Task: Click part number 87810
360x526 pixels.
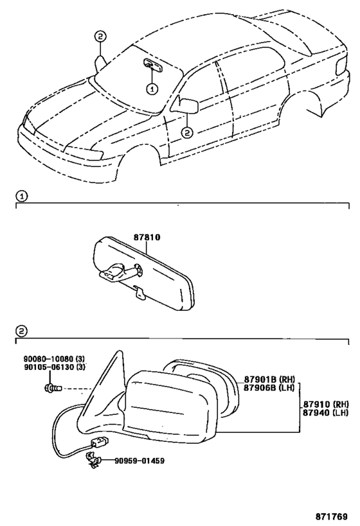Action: click(x=147, y=238)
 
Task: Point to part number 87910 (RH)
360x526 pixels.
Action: click(x=326, y=404)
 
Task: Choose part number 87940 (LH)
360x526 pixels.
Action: click(x=326, y=412)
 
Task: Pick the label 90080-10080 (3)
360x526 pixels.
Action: click(x=54, y=359)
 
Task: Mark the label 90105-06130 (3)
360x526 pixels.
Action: click(x=54, y=367)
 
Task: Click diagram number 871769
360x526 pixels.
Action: click(x=331, y=516)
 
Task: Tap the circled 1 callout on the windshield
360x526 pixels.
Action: click(x=152, y=89)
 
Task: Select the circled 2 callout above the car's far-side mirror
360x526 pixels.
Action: click(x=100, y=36)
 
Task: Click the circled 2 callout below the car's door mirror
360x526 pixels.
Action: click(x=187, y=133)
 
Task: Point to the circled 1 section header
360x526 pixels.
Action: click(x=21, y=197)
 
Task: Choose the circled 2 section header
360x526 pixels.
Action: click(x=21, y=331)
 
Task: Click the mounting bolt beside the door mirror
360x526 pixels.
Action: click(x=53, y=389)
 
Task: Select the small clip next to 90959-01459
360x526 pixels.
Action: click(x=93, y=460)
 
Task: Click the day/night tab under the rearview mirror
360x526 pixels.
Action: click(x=139, y=292)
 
